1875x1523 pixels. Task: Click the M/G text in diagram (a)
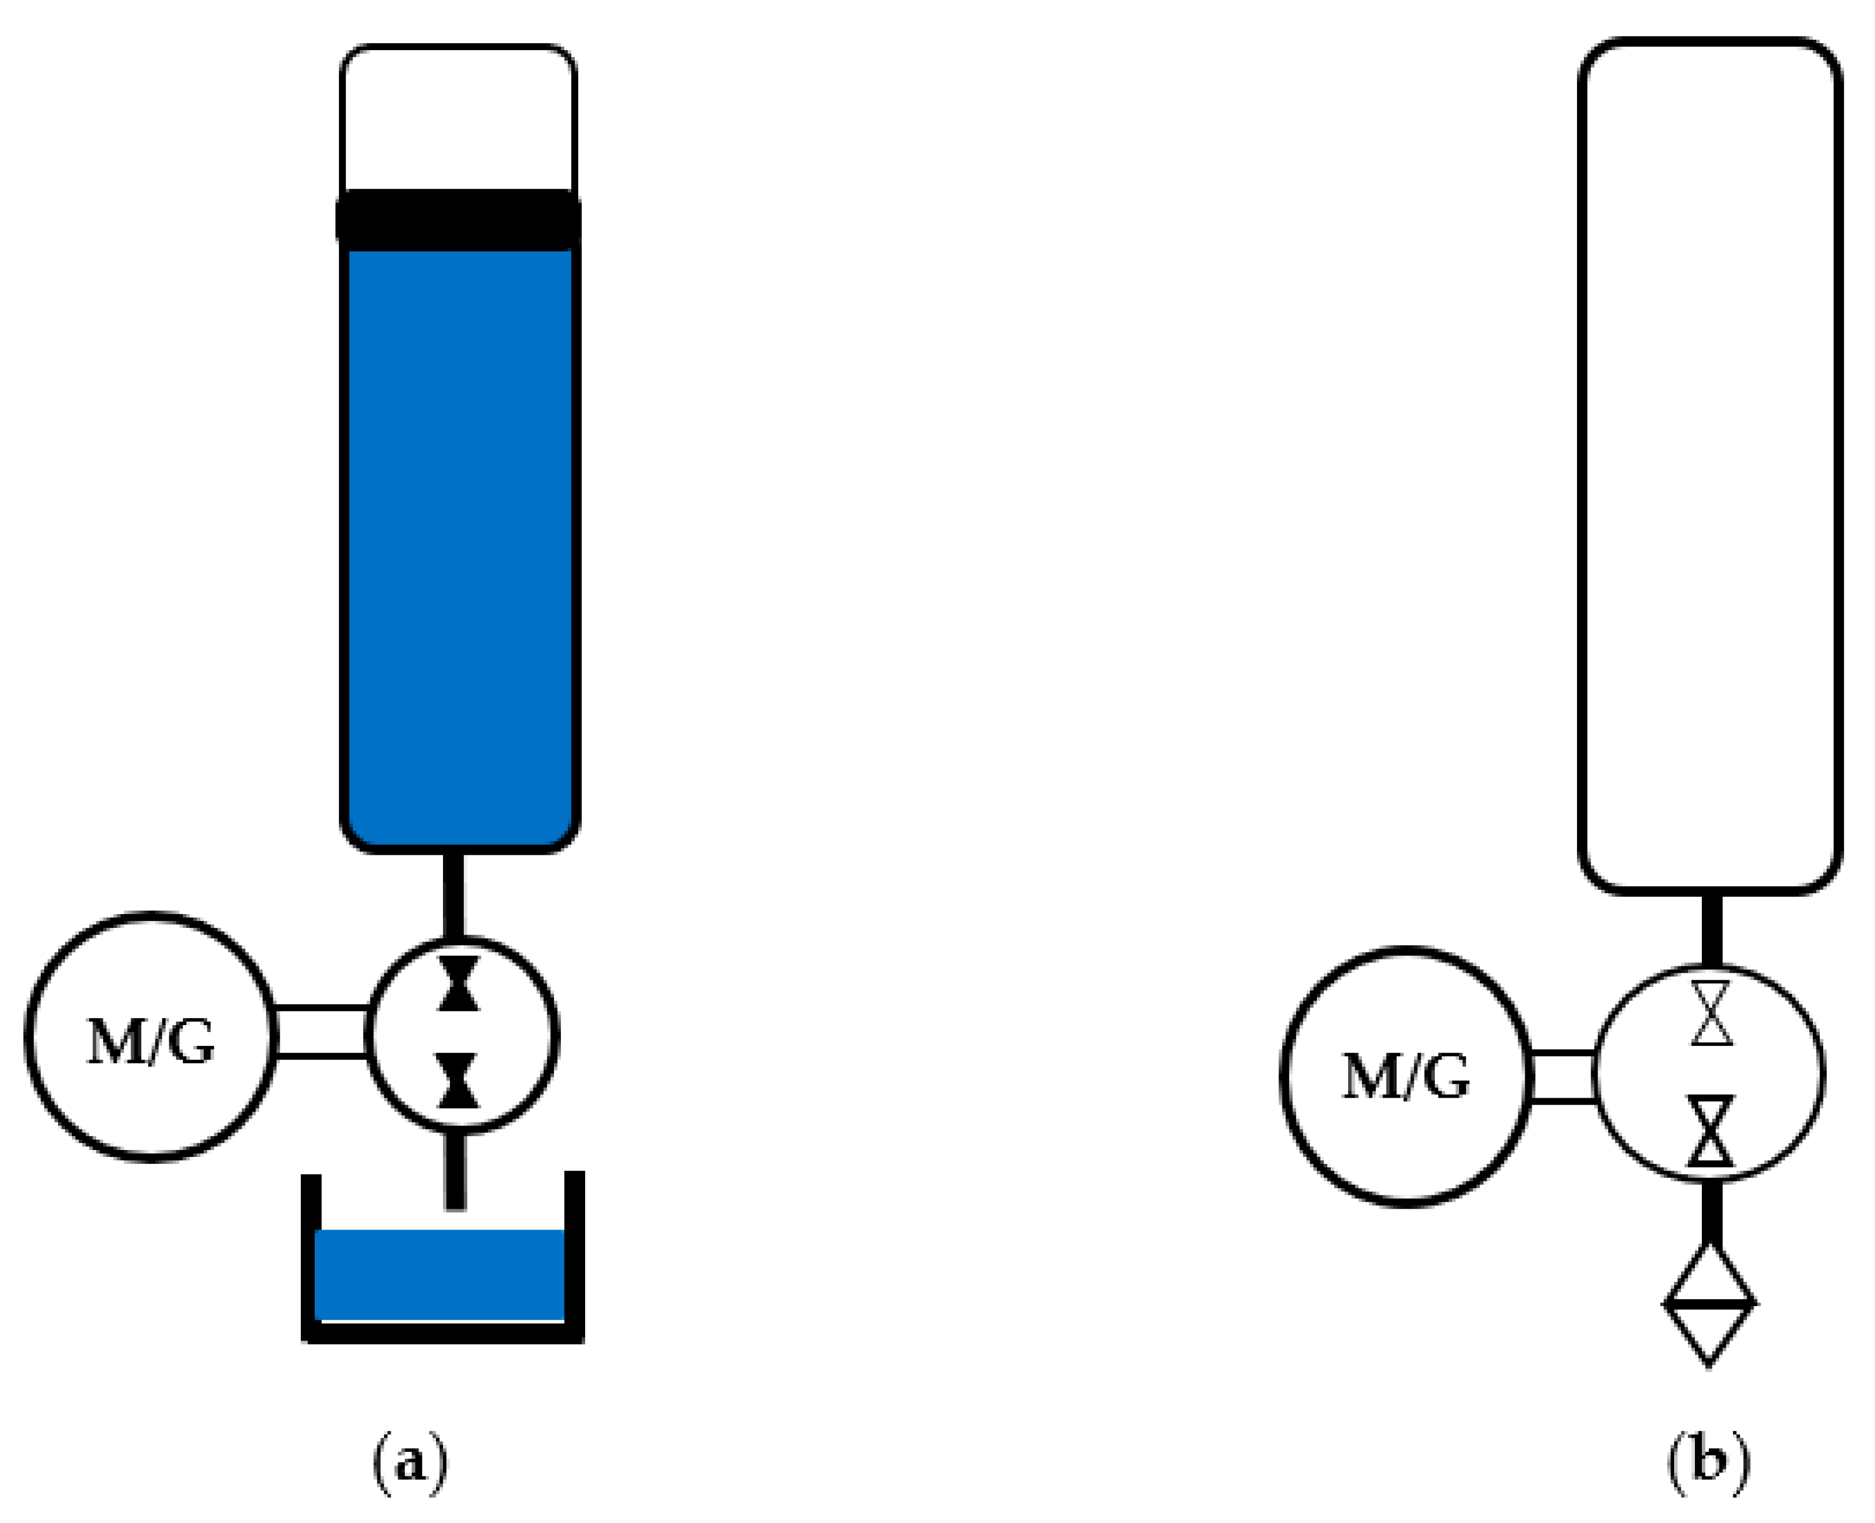point(151,1042)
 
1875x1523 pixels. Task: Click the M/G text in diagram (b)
point(1406,1076)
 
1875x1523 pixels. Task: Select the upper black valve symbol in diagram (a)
point(459,984)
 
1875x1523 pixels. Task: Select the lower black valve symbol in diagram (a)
point(459,1081)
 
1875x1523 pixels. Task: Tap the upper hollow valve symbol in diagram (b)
point(1711,1013)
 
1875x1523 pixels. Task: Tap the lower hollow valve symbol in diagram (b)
point(1711,1132)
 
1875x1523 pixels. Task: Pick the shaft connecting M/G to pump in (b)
point(1563,1076)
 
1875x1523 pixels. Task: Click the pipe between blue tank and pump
point(453,895)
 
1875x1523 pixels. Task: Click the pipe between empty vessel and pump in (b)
point(1711,930)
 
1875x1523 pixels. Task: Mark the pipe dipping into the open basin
point(455,1171)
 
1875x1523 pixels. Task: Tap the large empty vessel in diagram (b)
point(1709,465)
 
